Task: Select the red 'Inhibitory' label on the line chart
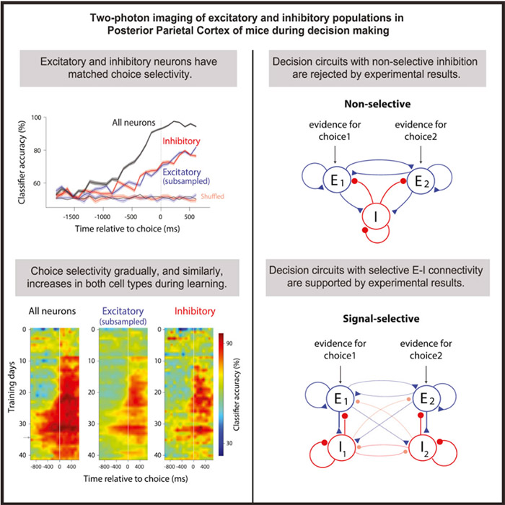(180, 141)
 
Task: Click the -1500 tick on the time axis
(71, 216)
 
